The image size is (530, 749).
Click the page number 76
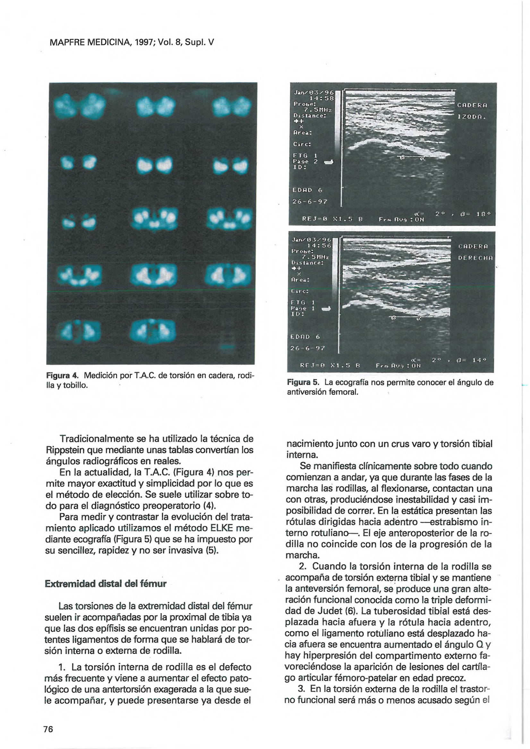tap(48, 729)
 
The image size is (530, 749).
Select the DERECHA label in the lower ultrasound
tap(476, 258)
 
